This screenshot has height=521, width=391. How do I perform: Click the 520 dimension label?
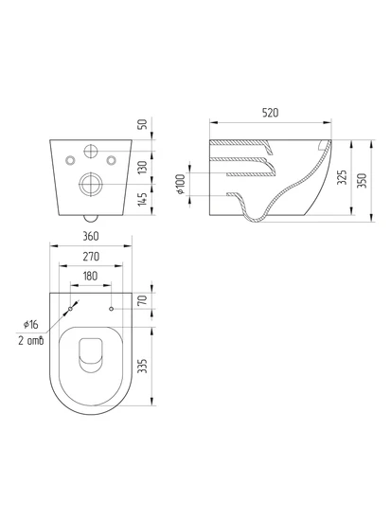pyautogui.click(x=270, y=113)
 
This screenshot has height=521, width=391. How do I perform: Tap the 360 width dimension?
pyautogui.click(x=91, y=236)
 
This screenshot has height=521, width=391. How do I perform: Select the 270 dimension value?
pyautogui.click(x=91, y=257)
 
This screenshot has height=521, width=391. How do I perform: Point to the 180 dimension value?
pyautogui.click(x=90, y=276)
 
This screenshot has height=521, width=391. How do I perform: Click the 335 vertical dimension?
pyautogui.click(x=143, y=366)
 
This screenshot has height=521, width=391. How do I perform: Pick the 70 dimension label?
pyautogui.click(x=143, y=300)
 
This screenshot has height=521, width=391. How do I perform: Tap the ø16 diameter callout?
pyautogui.click(x=31, y=324)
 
